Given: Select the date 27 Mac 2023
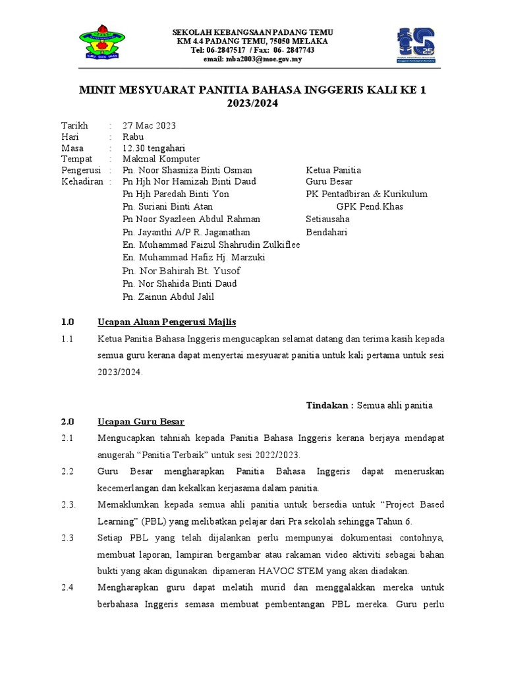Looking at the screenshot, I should (149, 125).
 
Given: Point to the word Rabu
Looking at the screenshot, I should (133, 136).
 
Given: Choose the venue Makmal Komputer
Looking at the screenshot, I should (161, 159).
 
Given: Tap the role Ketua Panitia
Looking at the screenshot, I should (333, 170).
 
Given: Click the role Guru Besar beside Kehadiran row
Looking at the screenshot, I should (329, 181).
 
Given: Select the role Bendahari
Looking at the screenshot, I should (327, 232).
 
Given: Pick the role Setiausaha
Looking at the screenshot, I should (328, 219).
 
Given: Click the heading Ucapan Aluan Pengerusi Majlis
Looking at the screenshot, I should (167, 322).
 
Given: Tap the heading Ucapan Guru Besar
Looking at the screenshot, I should (141, 422).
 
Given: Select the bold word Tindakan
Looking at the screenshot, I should (330, 405).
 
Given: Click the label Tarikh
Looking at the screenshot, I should (74, 125).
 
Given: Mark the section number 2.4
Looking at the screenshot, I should (68, 587).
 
